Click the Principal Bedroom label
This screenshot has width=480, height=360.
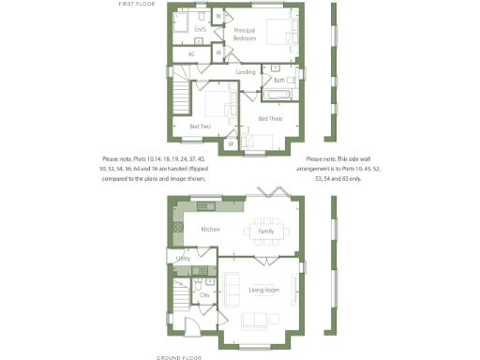tap(244, 34)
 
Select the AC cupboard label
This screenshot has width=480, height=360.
tap(191, 54)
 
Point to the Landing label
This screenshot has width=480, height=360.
tap(246, 72)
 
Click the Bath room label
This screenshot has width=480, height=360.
tap(279, 81)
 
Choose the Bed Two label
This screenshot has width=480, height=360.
tap(200, 126)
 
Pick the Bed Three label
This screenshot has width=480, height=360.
tap(270, 119)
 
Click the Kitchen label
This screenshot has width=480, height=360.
tap(209, 230)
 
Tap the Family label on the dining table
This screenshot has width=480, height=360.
tap(266, 231)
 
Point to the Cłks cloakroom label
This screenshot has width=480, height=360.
tap(204, 294)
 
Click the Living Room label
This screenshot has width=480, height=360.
tap(264, 290)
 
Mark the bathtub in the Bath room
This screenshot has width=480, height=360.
tap(279, 95)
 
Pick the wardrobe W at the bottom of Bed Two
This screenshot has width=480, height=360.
tap(230, 144)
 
